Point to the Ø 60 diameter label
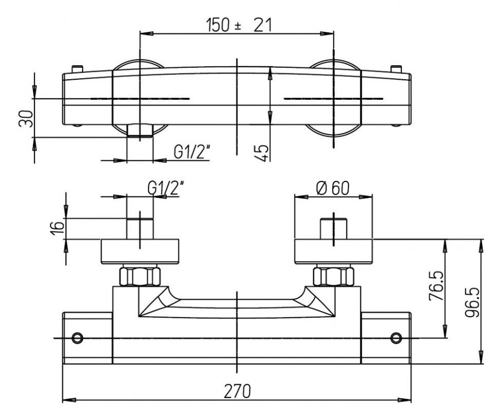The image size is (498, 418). click(333, 189)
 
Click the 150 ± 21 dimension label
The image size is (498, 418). click(238, 25)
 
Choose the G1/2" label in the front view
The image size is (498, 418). click(166, 189)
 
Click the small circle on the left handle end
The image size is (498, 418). click(78, 338)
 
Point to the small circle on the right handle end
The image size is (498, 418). click(396, 338)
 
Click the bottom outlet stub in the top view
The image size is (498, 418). click(140, 131)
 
